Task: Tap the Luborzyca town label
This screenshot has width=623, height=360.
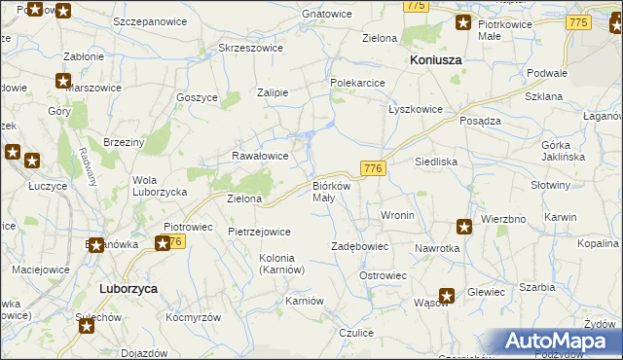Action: [x=128, y=289]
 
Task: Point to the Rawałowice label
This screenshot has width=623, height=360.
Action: [x=260, y=156]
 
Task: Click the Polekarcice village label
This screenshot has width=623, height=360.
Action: [x=358, y=84]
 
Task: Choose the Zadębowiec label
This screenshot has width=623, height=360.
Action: [x=360, y=247]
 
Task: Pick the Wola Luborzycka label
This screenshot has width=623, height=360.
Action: [x=160, y=186]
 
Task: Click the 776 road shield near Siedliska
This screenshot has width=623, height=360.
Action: [x=374, y=168]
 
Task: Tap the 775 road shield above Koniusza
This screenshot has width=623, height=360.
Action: [x=417, y=6]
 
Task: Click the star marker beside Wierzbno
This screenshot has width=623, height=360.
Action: [x=464, y=227]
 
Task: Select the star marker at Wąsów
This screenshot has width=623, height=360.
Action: [x=447, y=296]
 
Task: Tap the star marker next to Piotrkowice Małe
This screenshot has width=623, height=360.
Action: [x=463, y=23]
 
